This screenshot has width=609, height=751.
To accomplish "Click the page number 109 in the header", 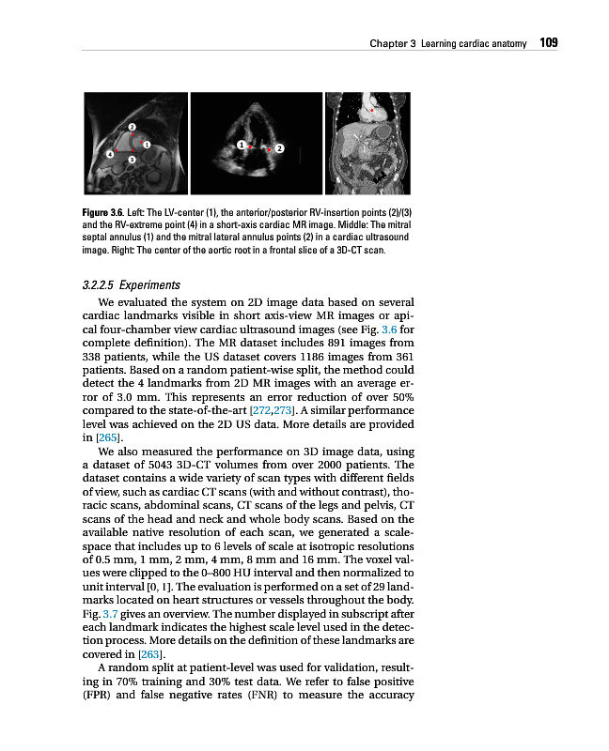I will coord(550,43).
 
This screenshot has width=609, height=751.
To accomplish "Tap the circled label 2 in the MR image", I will coord(133,126).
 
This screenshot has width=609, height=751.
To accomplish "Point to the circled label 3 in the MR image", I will coord(132,161).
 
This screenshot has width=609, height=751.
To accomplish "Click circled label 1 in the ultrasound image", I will coord(242,146).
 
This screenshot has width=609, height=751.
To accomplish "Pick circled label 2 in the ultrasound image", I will coord(279,148).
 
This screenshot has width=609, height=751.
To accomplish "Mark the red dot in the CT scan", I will coord(372,110).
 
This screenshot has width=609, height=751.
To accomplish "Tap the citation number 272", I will coord(261,410).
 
